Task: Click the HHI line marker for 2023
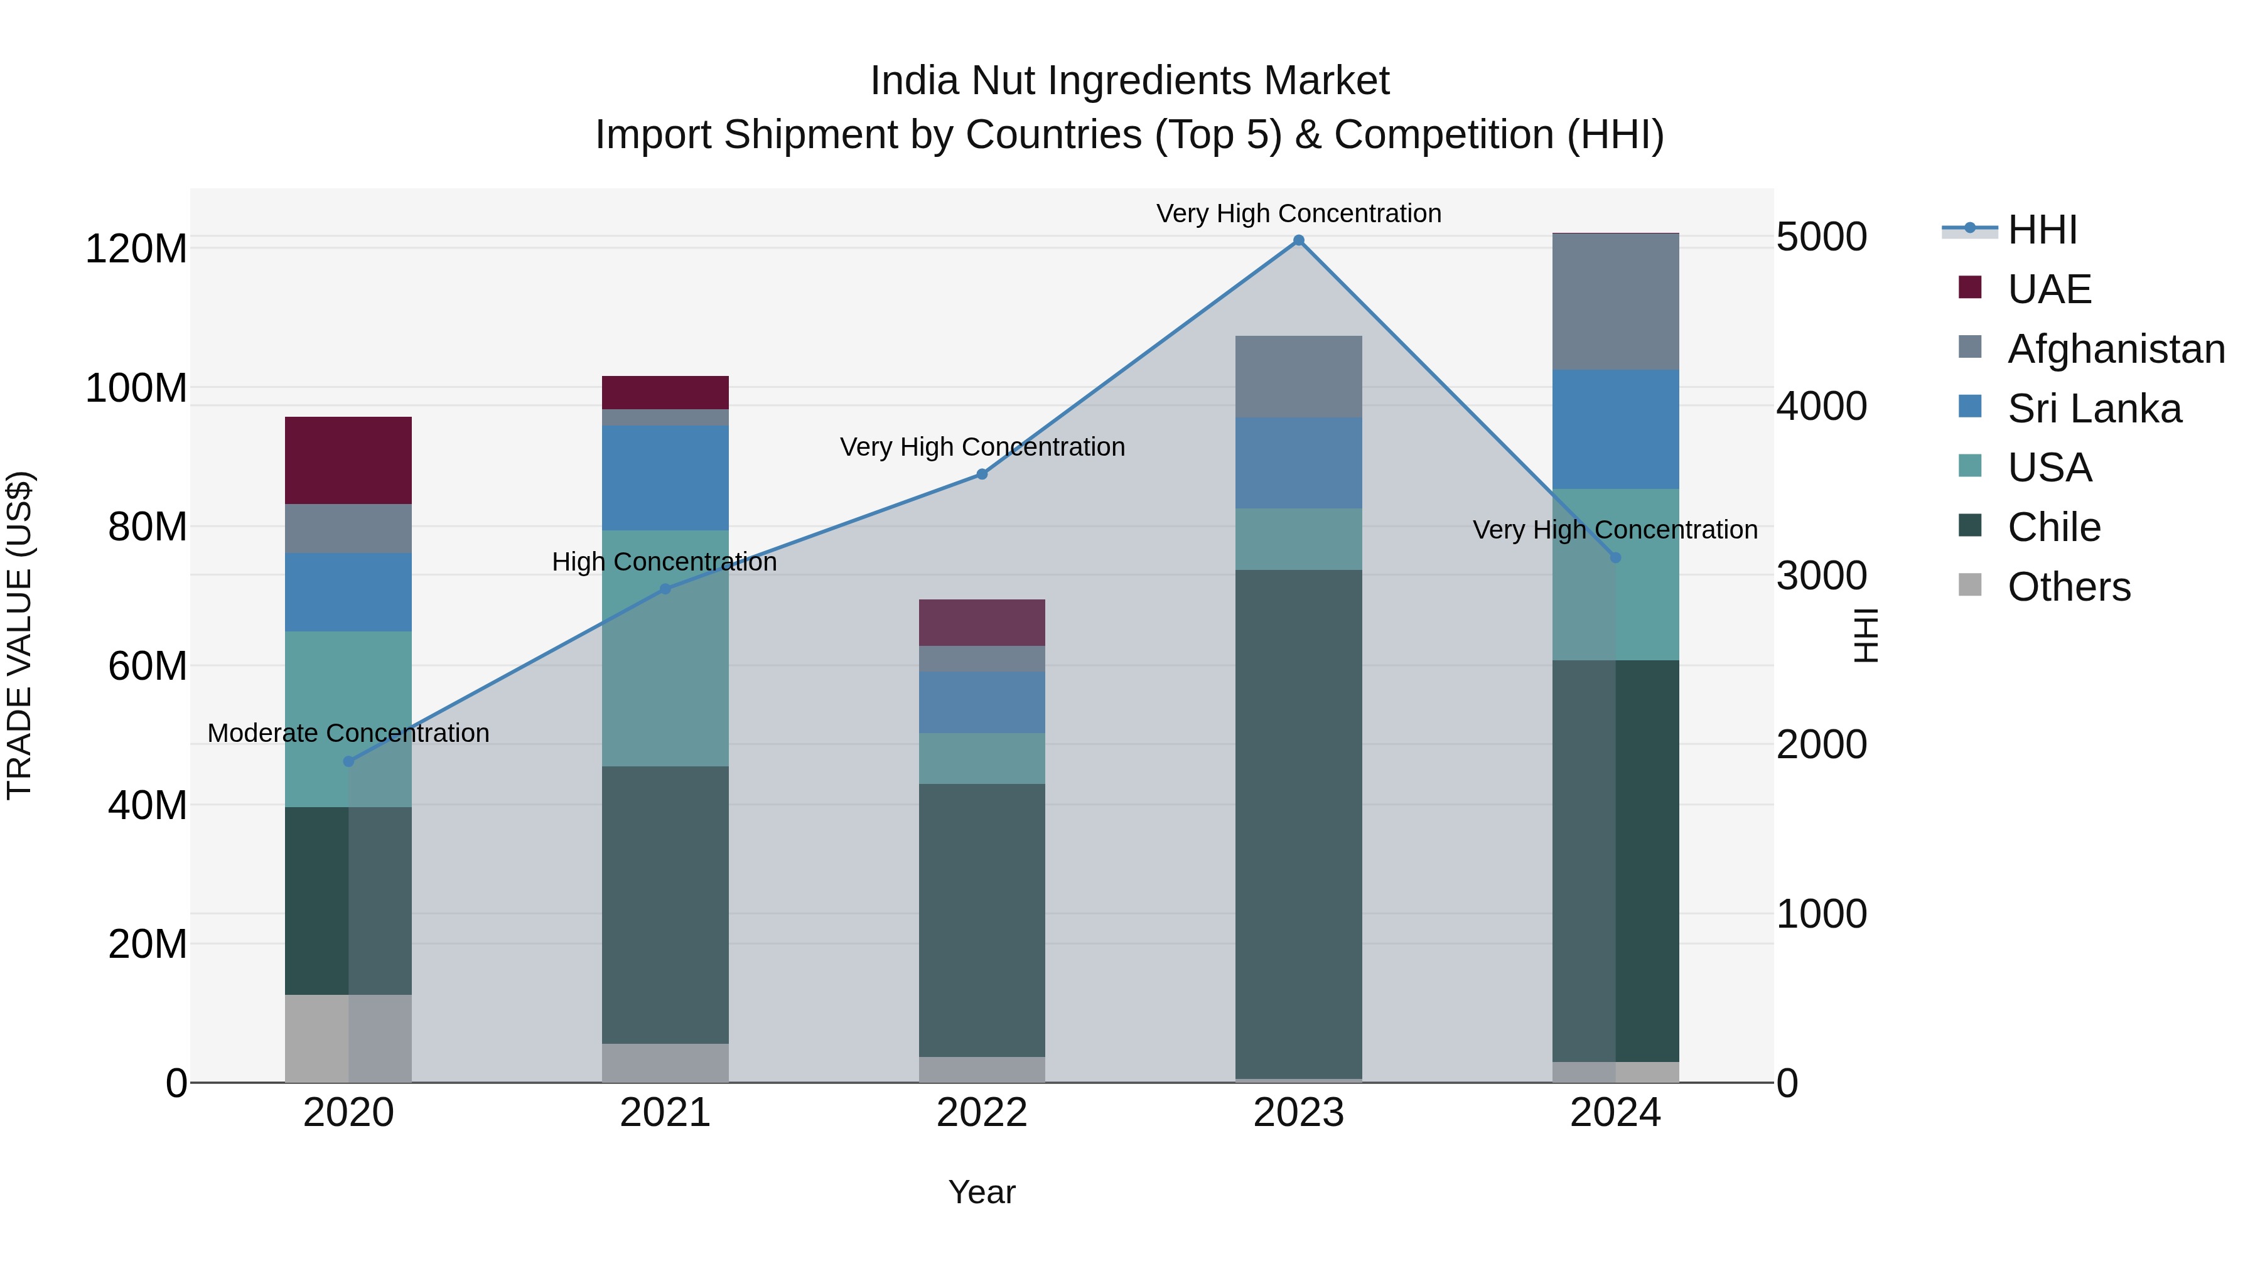point(1298,240)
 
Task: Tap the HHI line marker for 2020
point(348,761)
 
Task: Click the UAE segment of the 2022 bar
point(982,623)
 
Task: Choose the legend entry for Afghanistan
point(2115,349)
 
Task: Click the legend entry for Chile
point(2053,527)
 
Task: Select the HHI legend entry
point(2042,230)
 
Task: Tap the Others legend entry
point(2068,587)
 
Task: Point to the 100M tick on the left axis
point(136,388)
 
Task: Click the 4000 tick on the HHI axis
point(1821,406)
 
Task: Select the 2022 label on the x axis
point(982,1113)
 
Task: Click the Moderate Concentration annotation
point(348,733)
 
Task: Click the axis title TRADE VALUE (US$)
point(19,635)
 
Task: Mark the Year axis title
point(982,1192)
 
